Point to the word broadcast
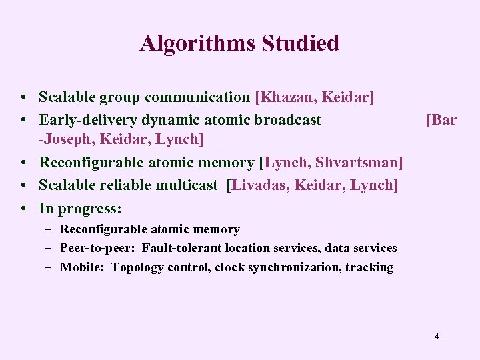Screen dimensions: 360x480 point(286,120)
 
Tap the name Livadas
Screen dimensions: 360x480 point(257,185)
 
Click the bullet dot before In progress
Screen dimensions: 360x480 point(23,209)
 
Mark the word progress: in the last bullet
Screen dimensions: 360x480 point(91,209)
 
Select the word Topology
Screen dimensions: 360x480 point(138,267)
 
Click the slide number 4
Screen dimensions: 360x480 point(437,336)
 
